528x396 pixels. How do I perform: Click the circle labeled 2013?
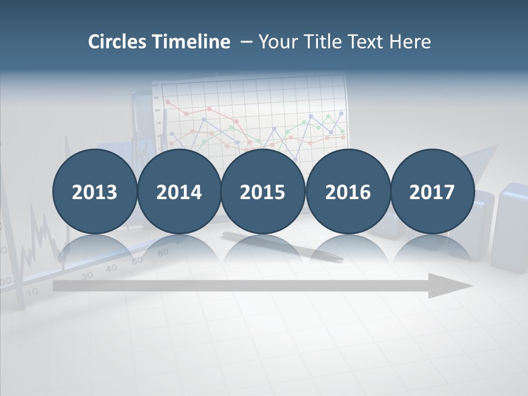point(95,192)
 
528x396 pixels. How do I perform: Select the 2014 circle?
point(179,192)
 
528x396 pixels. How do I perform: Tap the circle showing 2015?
point(263,192)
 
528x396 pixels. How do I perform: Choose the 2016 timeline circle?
point(348,192)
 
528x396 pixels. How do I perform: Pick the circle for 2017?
point(432,192)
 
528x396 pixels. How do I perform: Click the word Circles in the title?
point(118,42)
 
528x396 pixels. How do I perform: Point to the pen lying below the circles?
point(286,245)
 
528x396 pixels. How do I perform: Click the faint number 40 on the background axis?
point(112,268)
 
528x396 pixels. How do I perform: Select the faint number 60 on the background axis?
point(163,252)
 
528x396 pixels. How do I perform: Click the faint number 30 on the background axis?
point(87,276)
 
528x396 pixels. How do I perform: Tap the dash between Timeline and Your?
point(246,42)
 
